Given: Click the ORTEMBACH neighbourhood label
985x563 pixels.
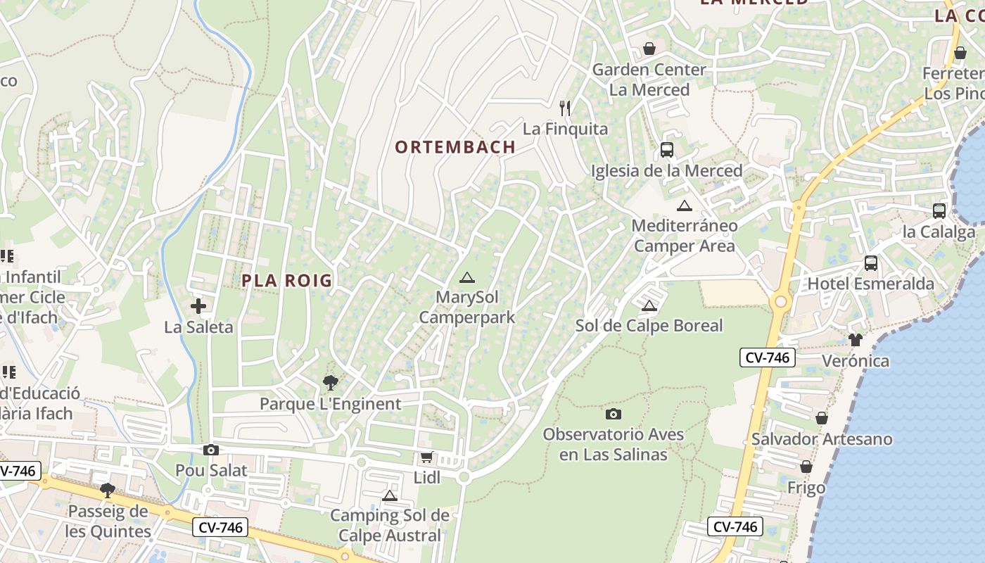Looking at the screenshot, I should click(x=455, y=147).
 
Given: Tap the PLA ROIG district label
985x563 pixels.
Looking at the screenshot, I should click(x=286, y=280).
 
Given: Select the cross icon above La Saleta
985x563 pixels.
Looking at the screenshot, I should click(x=198, y=306).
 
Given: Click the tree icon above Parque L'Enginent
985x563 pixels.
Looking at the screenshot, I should click(x=330, y=383).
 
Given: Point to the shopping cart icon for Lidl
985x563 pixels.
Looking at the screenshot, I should click(x=426, y=457).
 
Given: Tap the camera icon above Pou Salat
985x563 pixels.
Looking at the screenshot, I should click(x=210, y=450).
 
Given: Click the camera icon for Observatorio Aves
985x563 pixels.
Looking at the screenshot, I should click(x=614, y=414).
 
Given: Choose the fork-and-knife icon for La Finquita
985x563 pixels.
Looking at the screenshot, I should click(x=564, y=108).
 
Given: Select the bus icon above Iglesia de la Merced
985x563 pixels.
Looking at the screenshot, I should click(x=666, y=150).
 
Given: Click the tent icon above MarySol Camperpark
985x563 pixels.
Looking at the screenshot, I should click(x=466, y=277).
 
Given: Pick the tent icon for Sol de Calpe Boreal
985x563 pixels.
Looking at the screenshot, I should click(x=649, y=305).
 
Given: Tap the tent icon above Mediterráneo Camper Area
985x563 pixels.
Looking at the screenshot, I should click(x=684, y=205).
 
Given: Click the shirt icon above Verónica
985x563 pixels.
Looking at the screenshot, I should click(x=855, y=340).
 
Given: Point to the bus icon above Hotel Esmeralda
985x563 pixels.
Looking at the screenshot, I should click(x=871, y=263).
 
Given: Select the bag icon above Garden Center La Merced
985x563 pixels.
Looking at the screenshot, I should click(x=649, y=49).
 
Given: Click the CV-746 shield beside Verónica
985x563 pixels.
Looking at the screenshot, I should click(x=767, y=358).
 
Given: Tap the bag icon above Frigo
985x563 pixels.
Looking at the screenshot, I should click(x=806, y=467).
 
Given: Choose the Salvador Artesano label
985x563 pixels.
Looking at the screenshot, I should click(x=822, y=439).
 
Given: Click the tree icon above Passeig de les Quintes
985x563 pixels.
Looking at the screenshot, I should click(x=108, y=490).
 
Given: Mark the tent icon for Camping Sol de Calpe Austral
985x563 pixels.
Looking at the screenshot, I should click(x=390, y=495).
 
